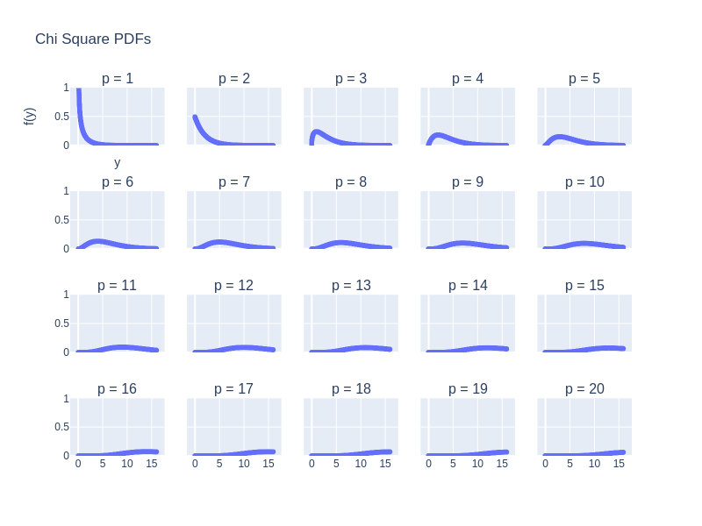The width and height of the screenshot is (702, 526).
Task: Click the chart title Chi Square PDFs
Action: pyautogui.click(x=93, y=39)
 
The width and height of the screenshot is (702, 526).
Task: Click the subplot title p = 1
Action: pyautogui.click(x=118, y=79)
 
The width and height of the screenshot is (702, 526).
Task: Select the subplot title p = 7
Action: pyautogui.click(x=234, y=182)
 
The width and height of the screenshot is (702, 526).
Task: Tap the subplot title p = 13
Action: pyautogui.click(x=351, y=286)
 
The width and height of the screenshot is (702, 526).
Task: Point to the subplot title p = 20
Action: pyautogui.click(x=584, y=389)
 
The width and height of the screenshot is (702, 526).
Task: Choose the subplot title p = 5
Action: pyautogui.click(x=584, y=79)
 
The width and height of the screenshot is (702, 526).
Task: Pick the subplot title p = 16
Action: pyautogui.click(x=118, y=389)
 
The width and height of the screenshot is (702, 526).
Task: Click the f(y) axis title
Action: pyautogui.click(x=30, y=116)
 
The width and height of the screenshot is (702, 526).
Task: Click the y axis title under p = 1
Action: pyautogui.click(x=118, y=162)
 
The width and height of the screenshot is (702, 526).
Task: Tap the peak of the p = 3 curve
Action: pyautogui.click(x=317, y=131)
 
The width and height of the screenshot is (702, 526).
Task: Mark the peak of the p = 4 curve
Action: pyautogui.click(x=439, y=135)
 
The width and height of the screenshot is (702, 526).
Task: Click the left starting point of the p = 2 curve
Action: pyautogui.click(x=195, y=117)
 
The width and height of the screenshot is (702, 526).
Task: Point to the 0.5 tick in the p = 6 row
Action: pyautogui.click(x=61, y=220)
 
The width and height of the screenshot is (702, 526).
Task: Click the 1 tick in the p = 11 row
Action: pyautogui.click(x=66, y=295)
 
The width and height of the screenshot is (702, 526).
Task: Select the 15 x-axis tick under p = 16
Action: pyautogui.click(x=152, y=463)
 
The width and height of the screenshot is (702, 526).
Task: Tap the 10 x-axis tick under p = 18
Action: pyautogui.click(x=361, y=463)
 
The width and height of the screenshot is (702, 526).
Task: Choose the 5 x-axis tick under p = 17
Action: pyautogui.click(x=219, y=463)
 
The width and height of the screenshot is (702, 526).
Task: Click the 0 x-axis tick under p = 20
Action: pyautogui.click(x=545, y=463)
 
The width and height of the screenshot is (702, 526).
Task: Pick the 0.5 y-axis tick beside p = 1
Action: pyautogui.click(x=61, y=117)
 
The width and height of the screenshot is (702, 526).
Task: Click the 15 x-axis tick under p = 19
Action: pyautogui.click(x=502, y=463)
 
